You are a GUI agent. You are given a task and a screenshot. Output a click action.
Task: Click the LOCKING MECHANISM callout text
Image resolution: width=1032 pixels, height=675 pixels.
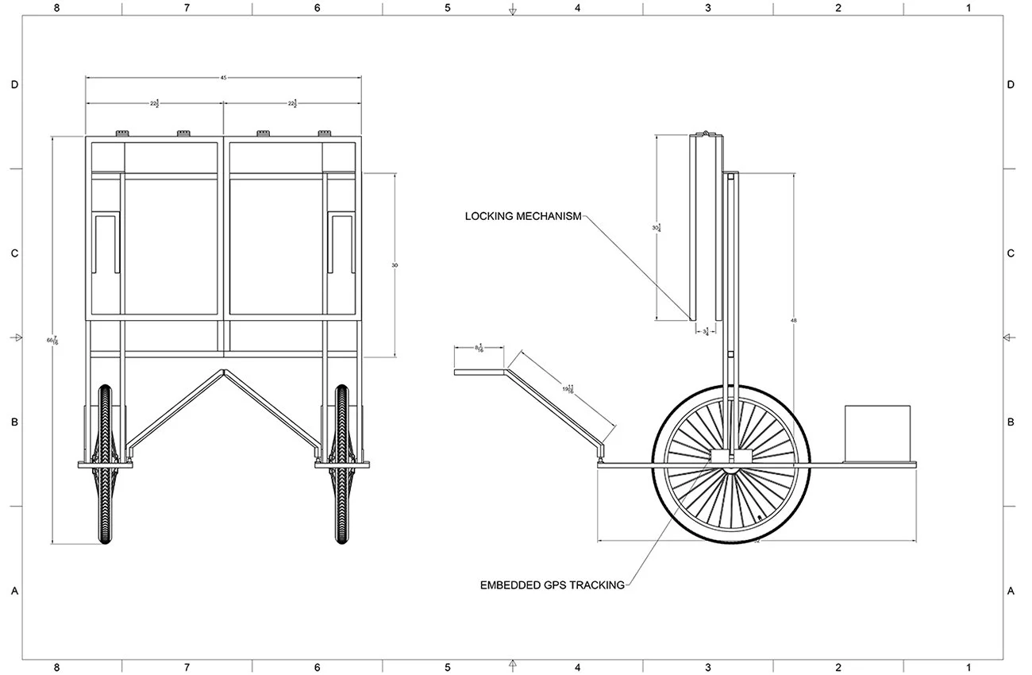pyautogui.click(x=523, y=216)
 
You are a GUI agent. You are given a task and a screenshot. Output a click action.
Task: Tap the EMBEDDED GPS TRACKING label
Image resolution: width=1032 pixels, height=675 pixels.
pyautogui.click(x=553, y=585)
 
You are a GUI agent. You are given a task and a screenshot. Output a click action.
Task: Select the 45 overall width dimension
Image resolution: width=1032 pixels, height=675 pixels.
pyautogui.click(x=224, y=78)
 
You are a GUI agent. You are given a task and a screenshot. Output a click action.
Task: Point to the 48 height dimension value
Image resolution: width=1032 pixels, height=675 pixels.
pyautogui.click(x=793, y=320)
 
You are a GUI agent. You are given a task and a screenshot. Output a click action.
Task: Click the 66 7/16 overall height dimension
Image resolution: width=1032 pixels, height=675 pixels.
pyautogui.click(x=52, y=341)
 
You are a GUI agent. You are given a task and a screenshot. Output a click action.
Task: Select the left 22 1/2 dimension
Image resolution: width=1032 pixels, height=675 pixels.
pyautogui.click(x=155, y=103)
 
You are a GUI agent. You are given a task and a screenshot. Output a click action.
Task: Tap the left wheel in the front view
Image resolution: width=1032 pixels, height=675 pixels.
pyautogui.click(x=106, y=465)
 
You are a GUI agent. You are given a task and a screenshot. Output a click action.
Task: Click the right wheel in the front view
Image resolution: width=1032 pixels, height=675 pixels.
pyautogui.click(x=342, y=465)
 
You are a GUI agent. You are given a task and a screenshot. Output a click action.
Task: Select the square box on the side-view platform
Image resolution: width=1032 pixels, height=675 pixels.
pyautogui.click(x=876, y=434)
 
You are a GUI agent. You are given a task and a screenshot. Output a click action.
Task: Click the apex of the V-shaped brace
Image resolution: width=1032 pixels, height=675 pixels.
pyautogui.click(x=224, y=371)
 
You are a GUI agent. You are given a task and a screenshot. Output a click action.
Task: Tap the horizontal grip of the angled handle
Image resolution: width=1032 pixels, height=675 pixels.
pyautogui.click(x=479, y=371)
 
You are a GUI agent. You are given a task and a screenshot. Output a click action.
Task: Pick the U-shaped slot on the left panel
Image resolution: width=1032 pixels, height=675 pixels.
pyautogui.click(x=106, y=242)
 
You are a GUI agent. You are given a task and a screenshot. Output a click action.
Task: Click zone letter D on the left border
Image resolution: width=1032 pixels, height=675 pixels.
pyautogui.click(x=13, y=84)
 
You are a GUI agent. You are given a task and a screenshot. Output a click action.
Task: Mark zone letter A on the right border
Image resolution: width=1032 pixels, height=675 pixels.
pyautogui.click(x=1011, y=591)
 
